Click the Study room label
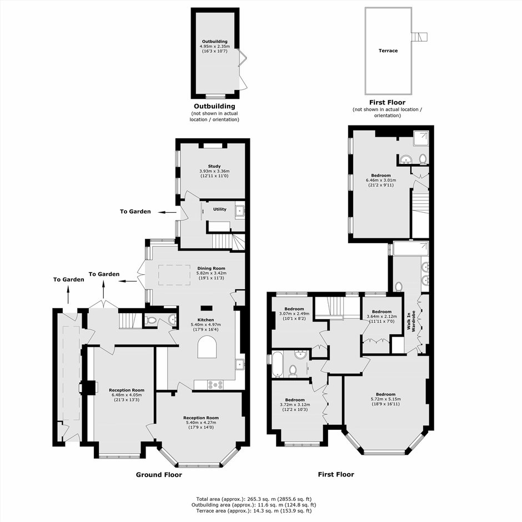(x=214, y=166)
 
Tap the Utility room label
(x=220, y=209)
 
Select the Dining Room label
(x=211, y=268)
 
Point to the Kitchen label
(x=205, y=320)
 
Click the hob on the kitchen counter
(x=215, y=385)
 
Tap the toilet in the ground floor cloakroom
(x=151, y=320)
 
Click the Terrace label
(x=388, y=51)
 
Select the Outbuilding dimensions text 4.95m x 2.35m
(x=215, y=46)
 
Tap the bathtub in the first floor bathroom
(x=277, y=364)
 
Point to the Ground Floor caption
(x=159, y=475)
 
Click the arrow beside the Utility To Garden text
(x=167, y=212)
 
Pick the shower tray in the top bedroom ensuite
(x=421, y=138)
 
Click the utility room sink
(x=240, y=212)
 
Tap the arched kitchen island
(x=207, y=347)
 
